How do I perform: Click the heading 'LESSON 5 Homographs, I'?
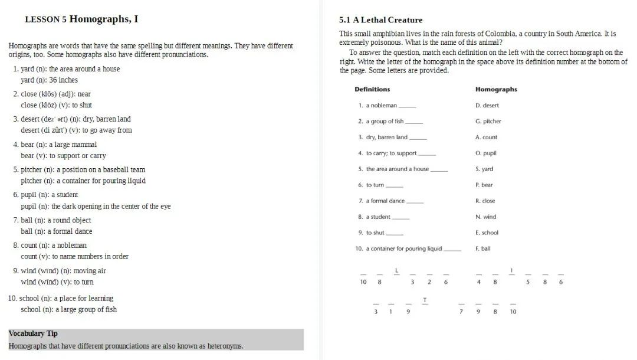click(x=81, y=19)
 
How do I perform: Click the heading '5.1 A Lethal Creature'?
click(x=380, y=20)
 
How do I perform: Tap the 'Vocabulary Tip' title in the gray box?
click(x=33, y=333)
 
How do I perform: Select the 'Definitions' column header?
click(x=372, y=90)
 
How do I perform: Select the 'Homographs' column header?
click(x=496, y=90)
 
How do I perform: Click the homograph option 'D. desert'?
click(x=487, y=106)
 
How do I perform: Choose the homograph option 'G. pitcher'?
click(x=488, y=122)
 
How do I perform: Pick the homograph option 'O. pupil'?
click(x=486, y=153)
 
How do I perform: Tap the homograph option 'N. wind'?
click(x=486, y=217)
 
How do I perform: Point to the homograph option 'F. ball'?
click(x=483, y=249)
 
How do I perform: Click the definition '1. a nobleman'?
click(x=377, y=106)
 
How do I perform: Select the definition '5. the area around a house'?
click(x=393, y=169)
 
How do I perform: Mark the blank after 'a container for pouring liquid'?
click(x=452, y=250)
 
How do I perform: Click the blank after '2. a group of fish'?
click(x=414, y=122)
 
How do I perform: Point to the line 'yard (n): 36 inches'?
click(x=50, y=80)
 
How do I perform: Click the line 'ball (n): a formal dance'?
click(x=57, y=231)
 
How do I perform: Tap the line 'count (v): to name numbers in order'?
click(x=74, y=257)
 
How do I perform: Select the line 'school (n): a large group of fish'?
click(x=68, y=310)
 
